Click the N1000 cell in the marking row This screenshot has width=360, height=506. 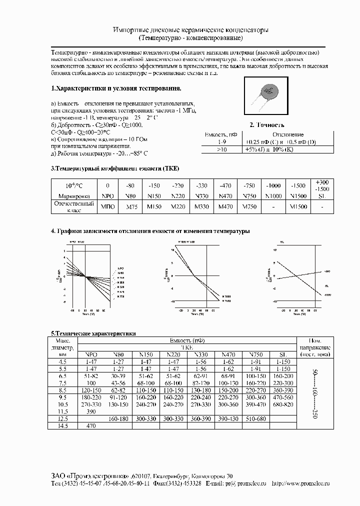pos(272,195)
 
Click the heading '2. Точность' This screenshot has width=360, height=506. pos(267,125)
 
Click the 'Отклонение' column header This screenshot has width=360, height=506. pos(287,135)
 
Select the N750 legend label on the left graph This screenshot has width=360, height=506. pos(120,297)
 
